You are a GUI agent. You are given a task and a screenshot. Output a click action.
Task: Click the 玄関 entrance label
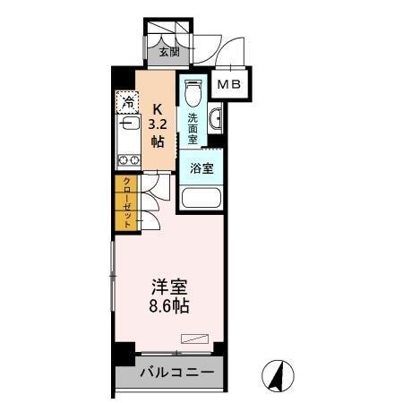[x=168, y=51]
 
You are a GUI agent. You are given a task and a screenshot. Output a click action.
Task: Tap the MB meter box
[x=230, y=84]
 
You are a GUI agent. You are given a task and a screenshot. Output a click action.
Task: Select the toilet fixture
[x=192, y=94]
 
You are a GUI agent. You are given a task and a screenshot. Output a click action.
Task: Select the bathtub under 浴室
[x=200, y=198]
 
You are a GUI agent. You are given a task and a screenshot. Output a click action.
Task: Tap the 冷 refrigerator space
[x=129, y=102]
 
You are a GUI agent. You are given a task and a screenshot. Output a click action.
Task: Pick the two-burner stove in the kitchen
[x=126, y=159]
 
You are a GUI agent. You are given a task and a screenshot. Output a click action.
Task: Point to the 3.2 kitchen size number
[x=157, y=123]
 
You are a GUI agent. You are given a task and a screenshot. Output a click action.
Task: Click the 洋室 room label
[x=168, y=287]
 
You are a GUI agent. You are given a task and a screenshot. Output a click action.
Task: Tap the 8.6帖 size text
[x=168, y=306]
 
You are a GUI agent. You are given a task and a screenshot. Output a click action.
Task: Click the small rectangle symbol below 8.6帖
[x=193, y=338]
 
